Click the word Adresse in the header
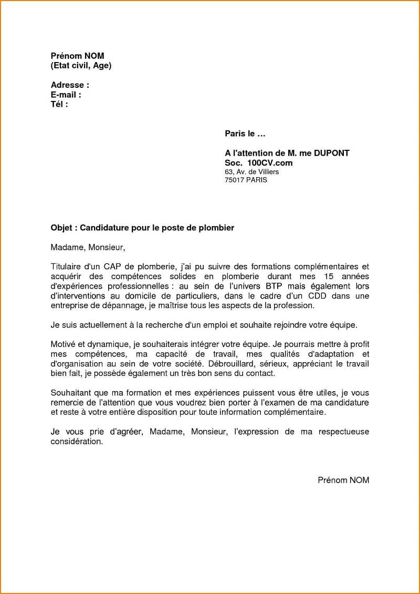(67, 85)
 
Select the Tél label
(57, 104)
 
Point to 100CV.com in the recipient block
(270, 163)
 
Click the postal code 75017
(235, 180)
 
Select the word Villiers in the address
(268, 171)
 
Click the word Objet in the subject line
(62, 228)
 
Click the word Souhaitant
(71, 393)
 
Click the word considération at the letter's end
(77, 442)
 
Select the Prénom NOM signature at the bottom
(343, 480)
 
